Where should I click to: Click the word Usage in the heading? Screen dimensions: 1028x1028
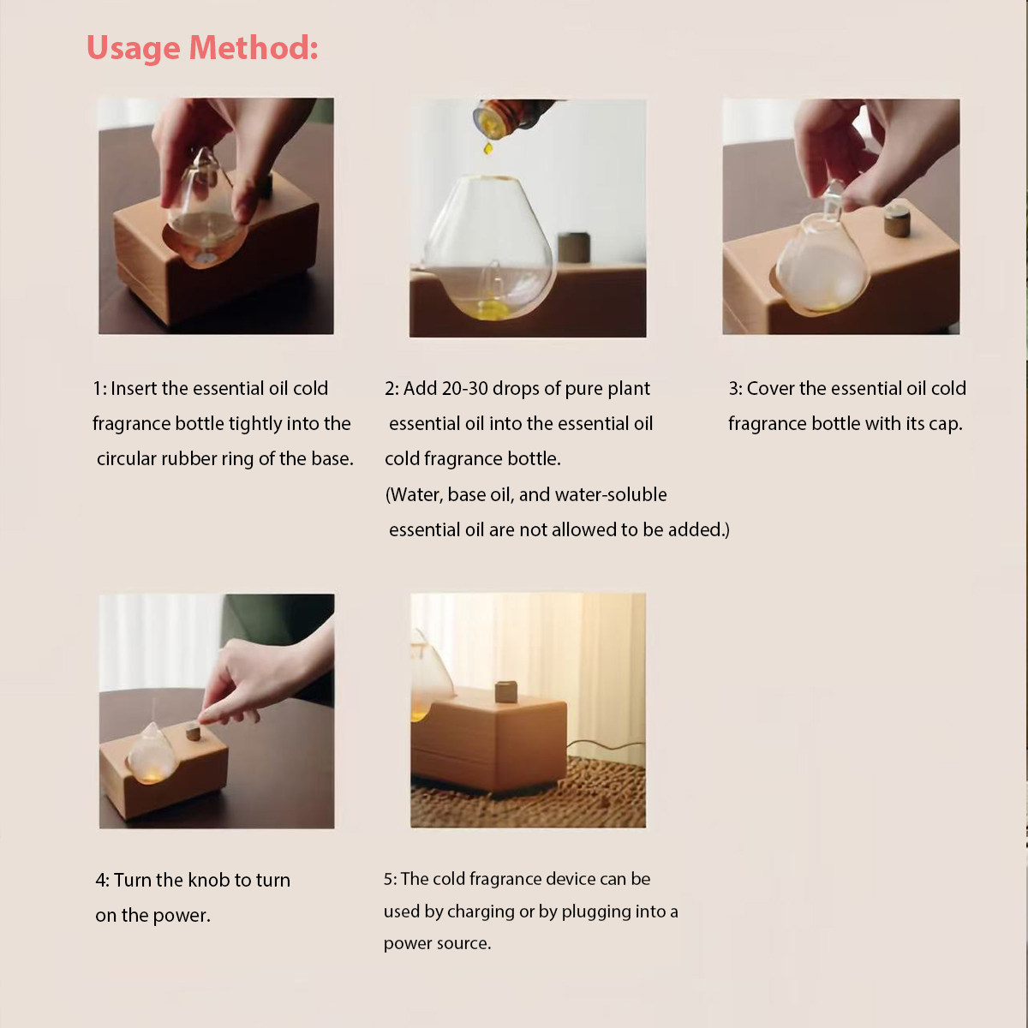134,48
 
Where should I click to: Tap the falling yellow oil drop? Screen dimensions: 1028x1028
487,147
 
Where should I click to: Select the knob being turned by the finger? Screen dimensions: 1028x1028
193,732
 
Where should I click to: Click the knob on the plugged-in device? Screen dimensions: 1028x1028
505,691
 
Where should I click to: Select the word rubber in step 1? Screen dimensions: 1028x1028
188,459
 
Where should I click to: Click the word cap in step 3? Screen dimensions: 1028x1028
946,425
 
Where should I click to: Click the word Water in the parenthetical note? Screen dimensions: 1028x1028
415,494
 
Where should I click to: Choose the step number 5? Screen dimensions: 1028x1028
390,879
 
